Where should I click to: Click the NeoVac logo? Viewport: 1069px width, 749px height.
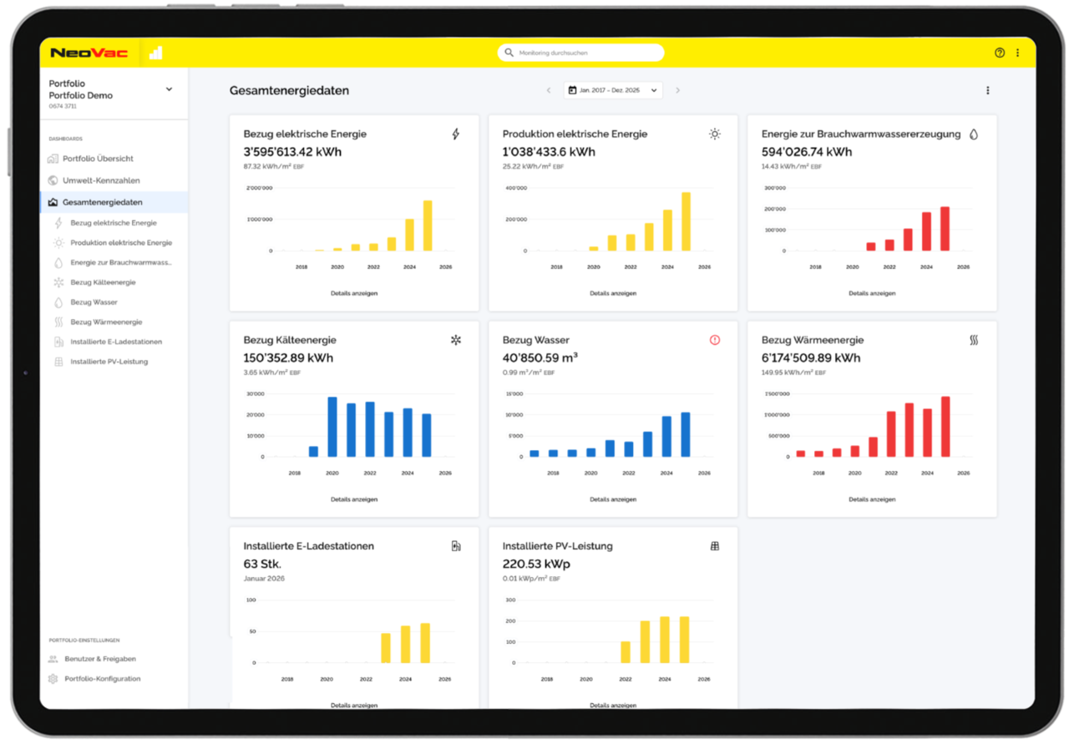(89, 53)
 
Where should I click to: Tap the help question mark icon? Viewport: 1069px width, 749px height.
(1000, 53)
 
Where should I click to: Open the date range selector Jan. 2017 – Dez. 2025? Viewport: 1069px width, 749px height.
(613, 90)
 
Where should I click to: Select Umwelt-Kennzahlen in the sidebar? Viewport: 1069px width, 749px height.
(101, 180)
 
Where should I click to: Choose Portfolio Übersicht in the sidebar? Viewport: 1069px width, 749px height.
(98, 159)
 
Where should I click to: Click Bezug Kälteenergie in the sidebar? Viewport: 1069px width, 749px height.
(103, 282)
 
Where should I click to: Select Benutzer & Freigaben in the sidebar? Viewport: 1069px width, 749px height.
(100, 659)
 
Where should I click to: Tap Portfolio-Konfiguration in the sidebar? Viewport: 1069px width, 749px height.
(103, 679)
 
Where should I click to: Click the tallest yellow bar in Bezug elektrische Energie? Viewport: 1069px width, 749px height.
(428, 225)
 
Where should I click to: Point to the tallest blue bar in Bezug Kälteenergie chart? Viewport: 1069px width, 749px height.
(332, 427)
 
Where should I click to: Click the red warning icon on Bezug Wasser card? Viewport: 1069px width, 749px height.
(715, 340)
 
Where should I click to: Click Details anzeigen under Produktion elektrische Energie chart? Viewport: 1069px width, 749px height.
(613, 293)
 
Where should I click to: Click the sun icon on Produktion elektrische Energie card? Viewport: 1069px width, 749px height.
(715, 134)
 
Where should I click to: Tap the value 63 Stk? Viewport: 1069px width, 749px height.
(262, 564)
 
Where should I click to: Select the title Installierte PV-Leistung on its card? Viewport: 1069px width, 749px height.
(557, 546)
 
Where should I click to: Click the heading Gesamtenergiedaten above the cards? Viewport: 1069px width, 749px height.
(289, 90)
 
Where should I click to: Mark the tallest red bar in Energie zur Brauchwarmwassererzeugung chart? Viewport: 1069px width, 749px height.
(945, 228)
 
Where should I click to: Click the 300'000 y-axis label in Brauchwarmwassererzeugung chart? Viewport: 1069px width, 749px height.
(776, 188)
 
